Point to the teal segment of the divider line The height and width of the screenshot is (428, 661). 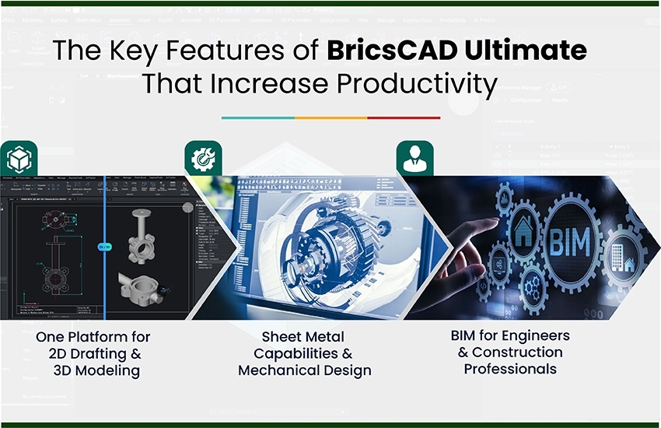(257, 118)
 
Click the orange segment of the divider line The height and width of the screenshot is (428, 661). (330, 118)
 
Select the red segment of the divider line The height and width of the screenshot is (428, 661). (404, 118)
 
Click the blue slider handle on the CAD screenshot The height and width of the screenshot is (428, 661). (104, 247)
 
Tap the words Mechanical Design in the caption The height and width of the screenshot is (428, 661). (304, 370)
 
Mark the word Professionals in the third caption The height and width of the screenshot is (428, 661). (510, 369)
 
